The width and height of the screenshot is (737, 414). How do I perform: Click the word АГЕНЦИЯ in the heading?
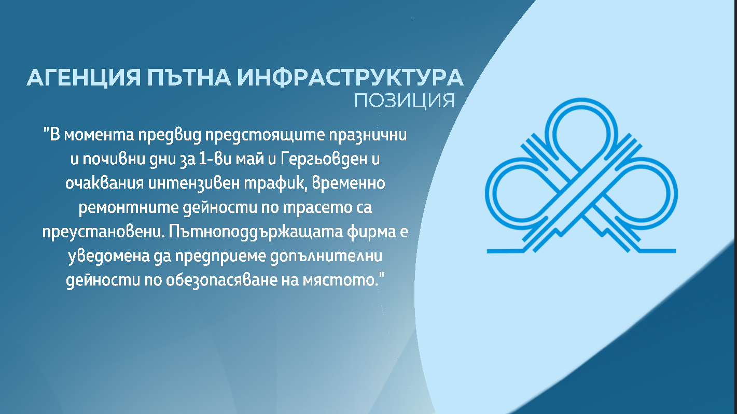point(84,78)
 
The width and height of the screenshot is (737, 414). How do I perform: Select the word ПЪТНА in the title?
point(189,78)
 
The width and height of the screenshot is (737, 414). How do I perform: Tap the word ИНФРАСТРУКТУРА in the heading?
point(351,78)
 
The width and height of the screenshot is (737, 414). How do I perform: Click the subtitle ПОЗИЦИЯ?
point(405,101)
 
